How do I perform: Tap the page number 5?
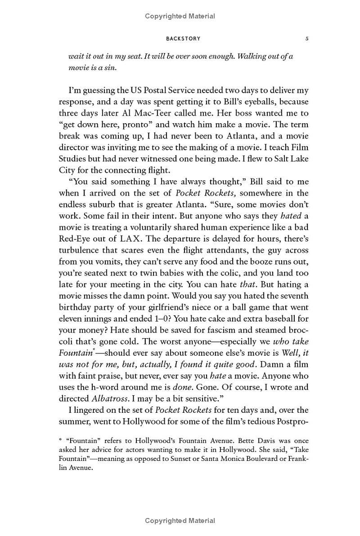point(307,39)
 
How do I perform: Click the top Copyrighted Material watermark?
point(180,16)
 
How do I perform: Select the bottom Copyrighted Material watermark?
point(180,521)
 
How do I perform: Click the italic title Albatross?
point(109,398)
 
